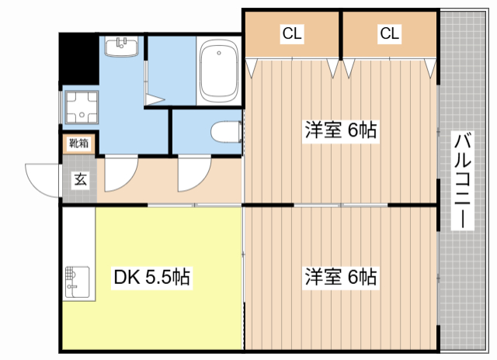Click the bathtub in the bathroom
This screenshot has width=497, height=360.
pos(219,71)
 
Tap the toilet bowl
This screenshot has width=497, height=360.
pos(226,132)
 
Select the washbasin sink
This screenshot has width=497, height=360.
pos(121,47)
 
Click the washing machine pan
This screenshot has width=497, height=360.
pos(82,107)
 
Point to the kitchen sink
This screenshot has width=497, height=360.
pos(77,282)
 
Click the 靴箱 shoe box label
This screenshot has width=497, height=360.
pos(78,144)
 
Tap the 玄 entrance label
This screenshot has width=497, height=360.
pos(80,179)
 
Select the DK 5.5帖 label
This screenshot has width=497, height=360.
pos(151,277)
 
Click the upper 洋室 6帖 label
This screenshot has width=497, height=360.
pos(341,130)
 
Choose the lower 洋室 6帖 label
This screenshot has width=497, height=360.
pos(341,276)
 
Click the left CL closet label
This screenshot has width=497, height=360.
pos(292,33)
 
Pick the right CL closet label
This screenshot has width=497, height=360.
pos(389,33)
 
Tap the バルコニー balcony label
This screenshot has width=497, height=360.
pos(463,180)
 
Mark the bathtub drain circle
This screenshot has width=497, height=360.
pos(219,53)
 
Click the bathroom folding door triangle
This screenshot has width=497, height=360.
pos(155,99)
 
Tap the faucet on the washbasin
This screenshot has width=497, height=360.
pos(121,43)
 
